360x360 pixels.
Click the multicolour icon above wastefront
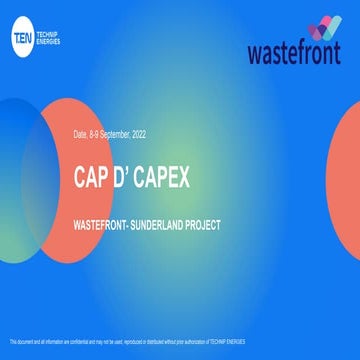click(x=321, y=27)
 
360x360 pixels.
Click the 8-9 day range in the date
click(x=97, y=133)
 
